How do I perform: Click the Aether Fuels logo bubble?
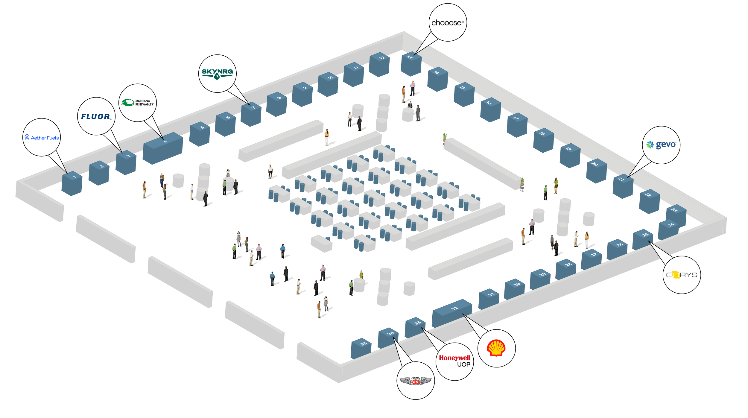tap(42, 137)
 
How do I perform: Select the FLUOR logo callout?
tap(96, 116)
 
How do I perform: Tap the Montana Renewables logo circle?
tap(138, 103)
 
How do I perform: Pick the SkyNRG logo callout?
tap(217, 73)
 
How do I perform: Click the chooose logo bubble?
tap(447, 22)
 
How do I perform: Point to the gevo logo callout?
tap(661, 145)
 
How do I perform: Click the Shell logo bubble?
tap(496, 348)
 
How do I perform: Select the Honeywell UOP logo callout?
tap(454, 361)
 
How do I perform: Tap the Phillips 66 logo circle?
tap(415, 380)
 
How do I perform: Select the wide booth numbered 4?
tap(162, 148)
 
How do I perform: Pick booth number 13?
tap(411, 64)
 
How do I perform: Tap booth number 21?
tap(623, 187)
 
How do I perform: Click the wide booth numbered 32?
tap(452, 313)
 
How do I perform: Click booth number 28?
tap(566, 269)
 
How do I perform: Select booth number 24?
tap(668, 229)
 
